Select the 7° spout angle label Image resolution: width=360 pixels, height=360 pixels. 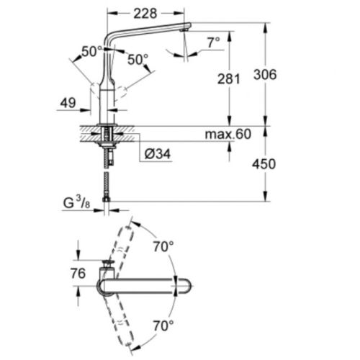point(213,43)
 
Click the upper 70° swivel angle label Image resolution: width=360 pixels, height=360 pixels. point(163,246)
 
